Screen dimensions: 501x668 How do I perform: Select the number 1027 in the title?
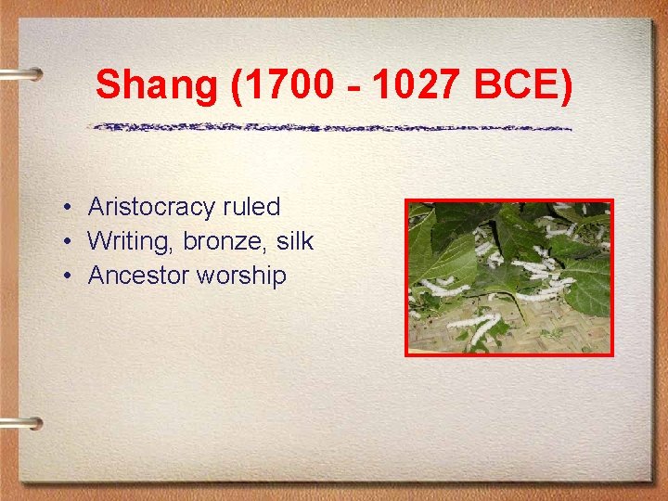[x=420, y=85]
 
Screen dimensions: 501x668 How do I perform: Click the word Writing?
[x=130, y=241]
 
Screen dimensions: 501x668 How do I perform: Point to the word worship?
[x=239, y=276]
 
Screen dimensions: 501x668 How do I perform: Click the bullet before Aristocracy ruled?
[x=70, y=208]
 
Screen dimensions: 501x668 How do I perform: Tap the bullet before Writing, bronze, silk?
[x=70, y=242]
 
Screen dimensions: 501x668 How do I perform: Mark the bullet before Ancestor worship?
[x=70, y=276]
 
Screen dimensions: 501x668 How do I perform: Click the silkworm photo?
[x=509, y=276]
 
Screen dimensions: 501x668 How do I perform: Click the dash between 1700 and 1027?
[x=353, y=88]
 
